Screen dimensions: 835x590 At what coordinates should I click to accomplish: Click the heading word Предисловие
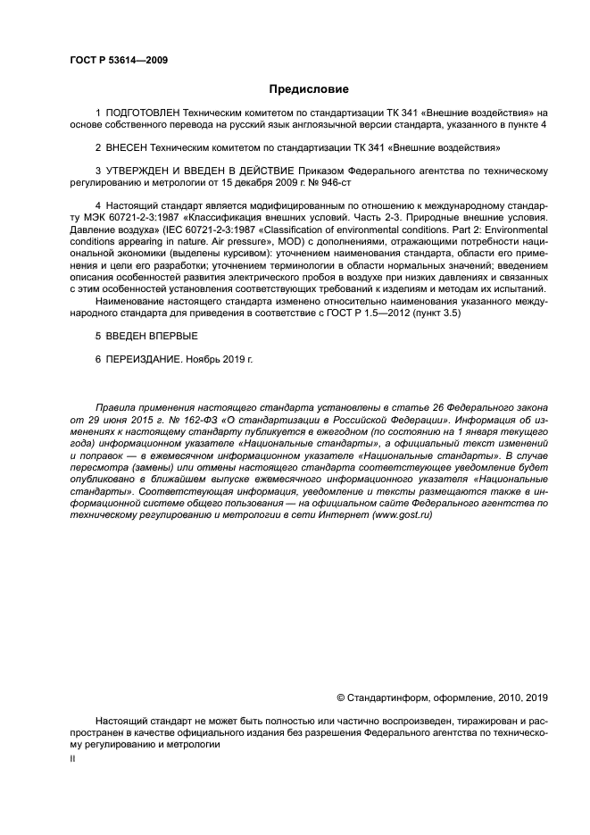point(309,89)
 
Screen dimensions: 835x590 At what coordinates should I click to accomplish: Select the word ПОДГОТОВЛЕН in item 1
point(142,113)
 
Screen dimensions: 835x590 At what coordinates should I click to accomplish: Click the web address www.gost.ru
point(404,517)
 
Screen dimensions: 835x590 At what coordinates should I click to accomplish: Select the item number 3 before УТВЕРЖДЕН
point(98,171)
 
